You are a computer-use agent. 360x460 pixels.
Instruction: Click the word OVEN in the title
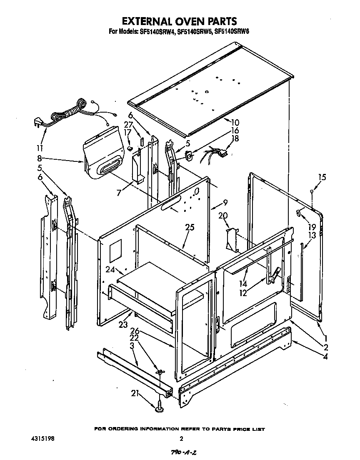[x=177, y=21]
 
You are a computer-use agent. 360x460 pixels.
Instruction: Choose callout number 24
[x=110, y=269]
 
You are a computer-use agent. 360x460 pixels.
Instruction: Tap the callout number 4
[x=325, y=356]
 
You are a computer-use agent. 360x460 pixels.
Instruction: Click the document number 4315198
[x=42, y=439]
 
